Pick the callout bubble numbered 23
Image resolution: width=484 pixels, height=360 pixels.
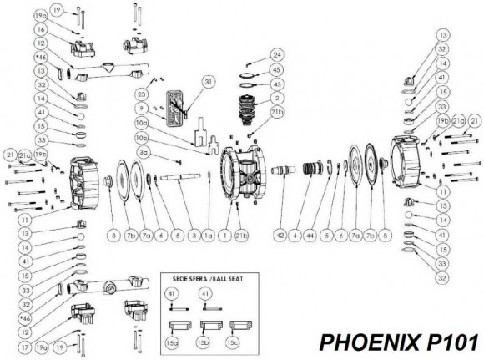(x=144, y=95)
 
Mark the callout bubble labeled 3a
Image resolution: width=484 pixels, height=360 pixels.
(x=144, y=152)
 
